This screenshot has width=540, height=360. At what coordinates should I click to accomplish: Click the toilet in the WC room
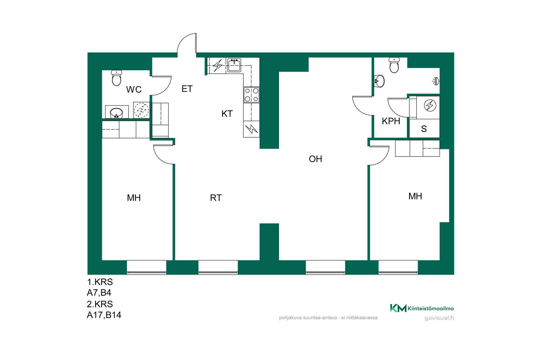point(116,78)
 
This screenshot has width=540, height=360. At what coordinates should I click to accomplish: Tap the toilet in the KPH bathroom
point(394,65)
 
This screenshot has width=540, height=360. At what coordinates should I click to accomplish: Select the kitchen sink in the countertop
point(234,65)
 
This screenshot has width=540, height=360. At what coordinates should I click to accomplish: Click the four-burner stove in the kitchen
point(251,95)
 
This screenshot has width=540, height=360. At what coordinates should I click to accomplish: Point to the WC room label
point(134,89)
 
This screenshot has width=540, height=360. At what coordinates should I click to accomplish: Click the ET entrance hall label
point(187,89)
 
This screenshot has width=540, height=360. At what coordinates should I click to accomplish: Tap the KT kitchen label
point(227,114)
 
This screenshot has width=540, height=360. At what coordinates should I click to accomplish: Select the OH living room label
point(315,159)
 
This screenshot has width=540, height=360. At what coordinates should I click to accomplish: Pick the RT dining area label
point(216,198)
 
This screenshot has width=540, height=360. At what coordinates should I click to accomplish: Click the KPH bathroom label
point(391,121)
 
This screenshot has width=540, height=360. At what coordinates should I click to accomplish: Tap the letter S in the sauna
point(424,129)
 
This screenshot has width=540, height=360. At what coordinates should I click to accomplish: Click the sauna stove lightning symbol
point(430,106)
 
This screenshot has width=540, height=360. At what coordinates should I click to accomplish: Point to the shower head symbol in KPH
point(436,81)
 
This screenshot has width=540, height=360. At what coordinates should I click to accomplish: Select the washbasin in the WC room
point(116,112)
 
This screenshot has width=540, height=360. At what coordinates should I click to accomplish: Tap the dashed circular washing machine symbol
point(141,110)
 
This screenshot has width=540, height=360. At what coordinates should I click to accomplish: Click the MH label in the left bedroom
point(134,198)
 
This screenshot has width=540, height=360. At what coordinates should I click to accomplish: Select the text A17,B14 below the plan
point(104,315)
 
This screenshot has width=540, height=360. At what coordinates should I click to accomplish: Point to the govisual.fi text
point(439,318)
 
